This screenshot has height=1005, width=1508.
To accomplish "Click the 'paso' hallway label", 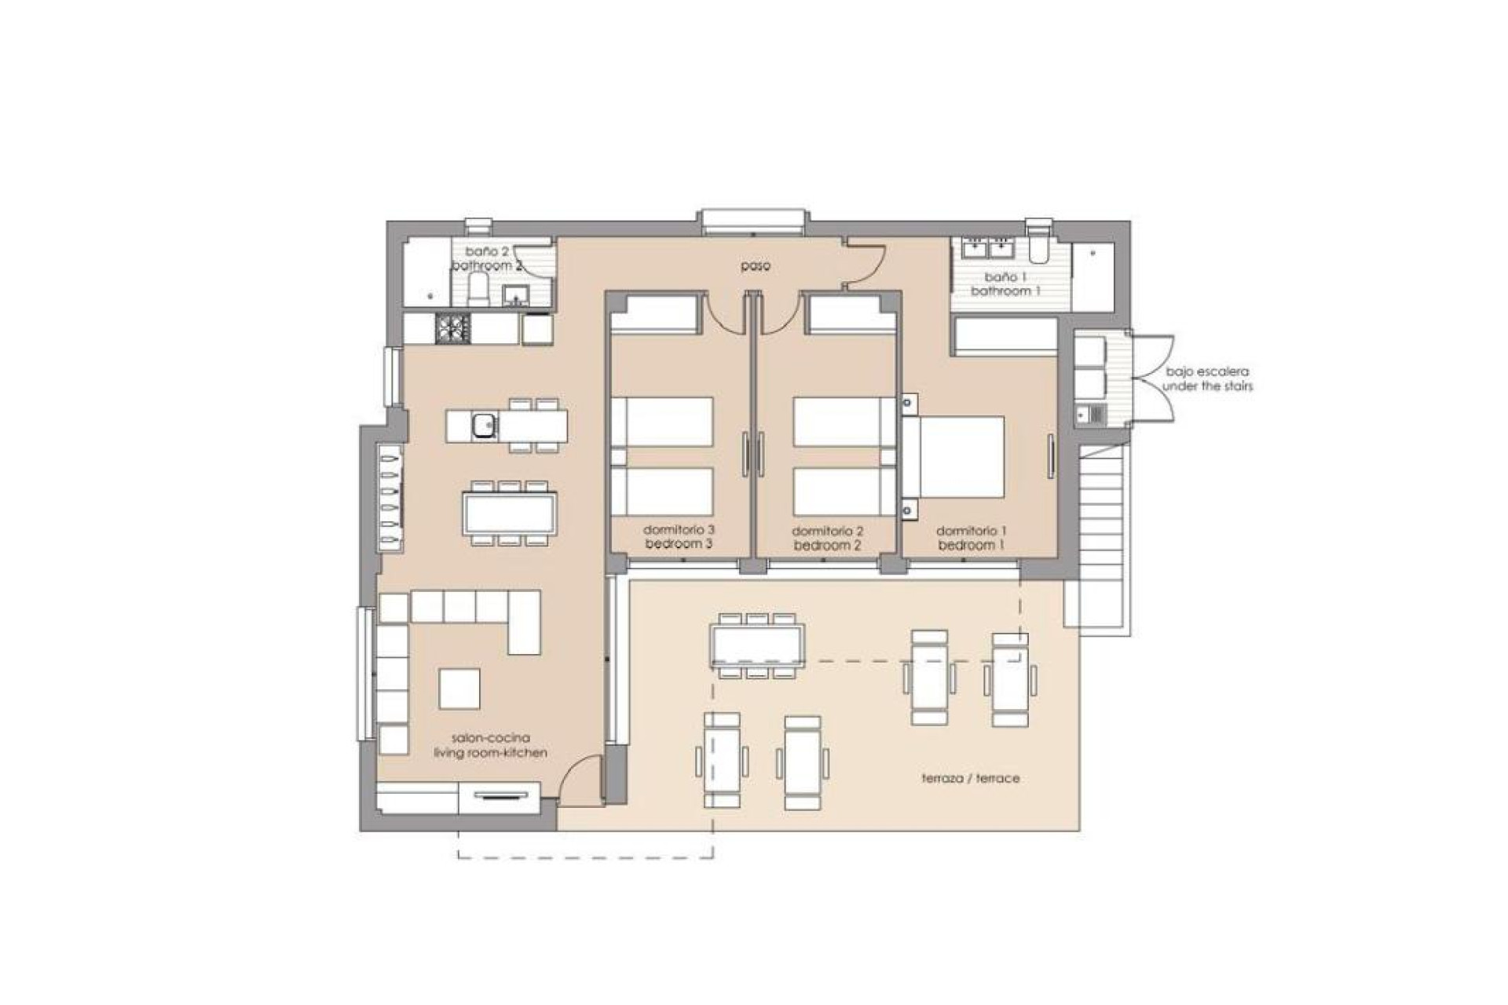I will (x=755, y=266).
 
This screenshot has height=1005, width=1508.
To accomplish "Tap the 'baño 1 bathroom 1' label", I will (x=1005, y=284).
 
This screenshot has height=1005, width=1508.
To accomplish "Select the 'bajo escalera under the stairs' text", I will (x=1207, y=378).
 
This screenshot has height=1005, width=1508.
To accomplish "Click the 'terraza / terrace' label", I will (x=970, y=778).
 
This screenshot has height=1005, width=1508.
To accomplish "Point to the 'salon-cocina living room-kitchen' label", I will (x=490, y=745).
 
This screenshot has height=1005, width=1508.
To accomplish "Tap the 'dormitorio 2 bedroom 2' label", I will (x=827, y=538).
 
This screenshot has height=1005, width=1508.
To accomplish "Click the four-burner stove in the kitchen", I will (x=453, y=328).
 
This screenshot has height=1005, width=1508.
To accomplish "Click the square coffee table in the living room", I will (x=459, y=689).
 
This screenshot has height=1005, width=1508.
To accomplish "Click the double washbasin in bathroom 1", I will (x=987, y=248).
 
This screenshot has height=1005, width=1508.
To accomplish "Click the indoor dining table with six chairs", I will (x=511, y=513).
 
